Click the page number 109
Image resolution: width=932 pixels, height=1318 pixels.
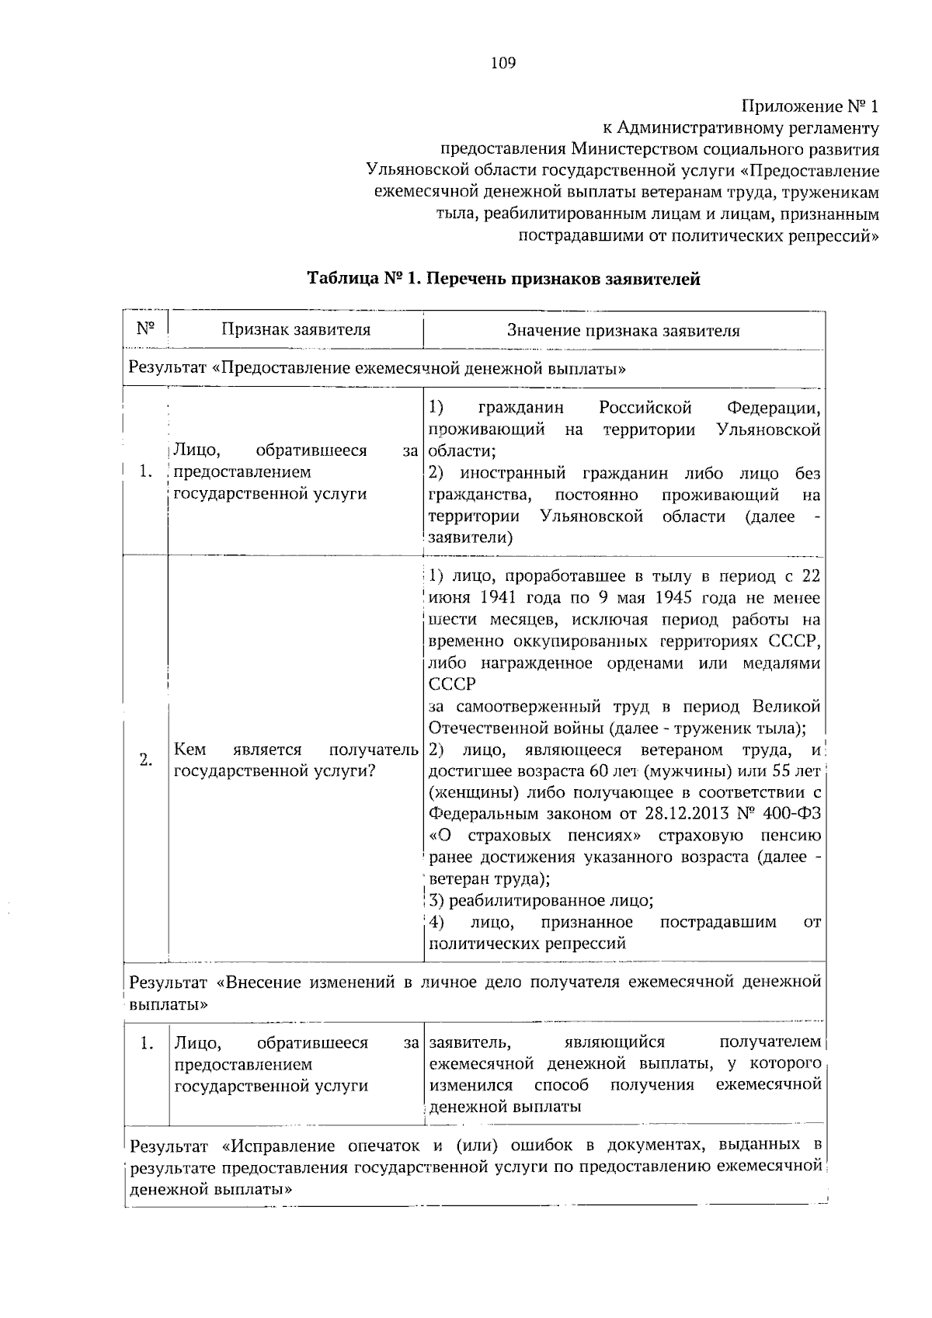point(503,64)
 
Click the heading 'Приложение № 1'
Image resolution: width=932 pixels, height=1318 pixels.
point(811,106)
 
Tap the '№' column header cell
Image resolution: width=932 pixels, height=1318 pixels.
point(145,329)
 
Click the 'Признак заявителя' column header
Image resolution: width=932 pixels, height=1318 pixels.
point(296,329)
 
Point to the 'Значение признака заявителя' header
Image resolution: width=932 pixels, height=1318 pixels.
point(623,331)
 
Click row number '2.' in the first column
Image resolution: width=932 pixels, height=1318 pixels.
point(145,760)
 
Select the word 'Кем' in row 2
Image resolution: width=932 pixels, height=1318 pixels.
point(190,749)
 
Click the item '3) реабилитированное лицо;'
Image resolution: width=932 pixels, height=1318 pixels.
point(541,901)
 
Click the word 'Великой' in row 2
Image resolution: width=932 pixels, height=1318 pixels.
point(786,707)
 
